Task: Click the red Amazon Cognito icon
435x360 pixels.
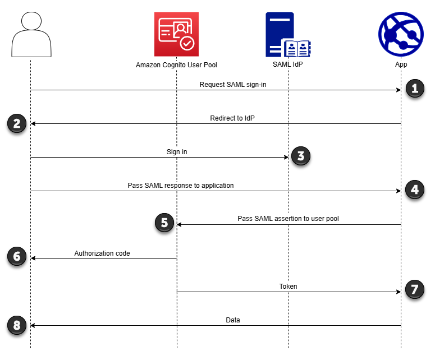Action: click(x=176, y=33)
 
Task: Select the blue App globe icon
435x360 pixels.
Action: click(x=401, y=34)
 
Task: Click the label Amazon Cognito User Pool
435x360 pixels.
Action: click(x=176, y=65)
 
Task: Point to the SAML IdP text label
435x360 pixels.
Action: click(x=288, y=65)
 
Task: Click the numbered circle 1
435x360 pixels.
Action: click(x=414, y=89)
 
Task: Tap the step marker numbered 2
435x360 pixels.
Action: click(x=17, y=123)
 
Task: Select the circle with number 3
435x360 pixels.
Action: click(x=300, y=156)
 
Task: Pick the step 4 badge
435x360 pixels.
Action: click(x=414, y=190)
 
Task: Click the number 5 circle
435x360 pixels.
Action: click(x=164, y=223)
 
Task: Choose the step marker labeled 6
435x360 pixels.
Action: click(x=17, y=256)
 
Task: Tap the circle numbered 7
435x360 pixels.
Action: click(x=414, y=290)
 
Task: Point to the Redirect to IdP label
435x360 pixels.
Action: click(x=233, y=118)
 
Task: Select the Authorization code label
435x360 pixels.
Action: click(x=102, y=253)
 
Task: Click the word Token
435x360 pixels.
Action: click(x=288, y=287)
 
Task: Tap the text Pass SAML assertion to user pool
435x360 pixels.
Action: click(x=288, y=219)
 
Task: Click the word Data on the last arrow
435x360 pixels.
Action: click(x=232, y=320)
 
